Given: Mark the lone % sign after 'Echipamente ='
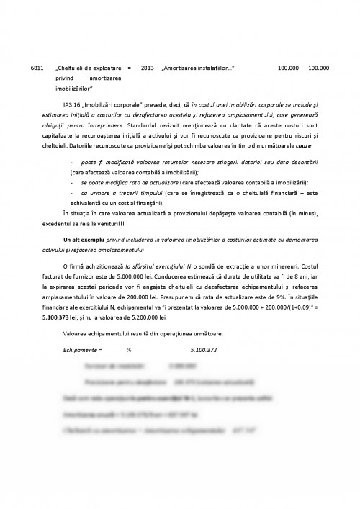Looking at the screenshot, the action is (x=129, y=351).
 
